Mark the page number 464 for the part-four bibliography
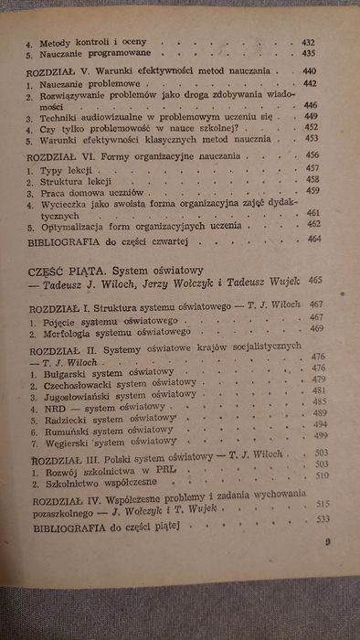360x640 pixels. click(x=315, y=239)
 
